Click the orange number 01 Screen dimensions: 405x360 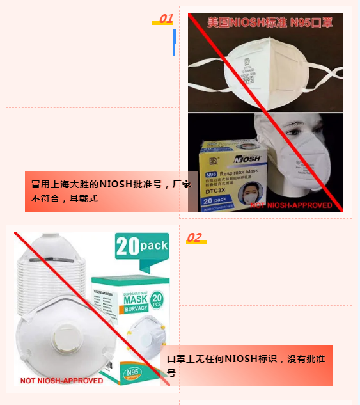click(x=166, y=19)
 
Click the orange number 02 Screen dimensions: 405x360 click(x=194, y=238)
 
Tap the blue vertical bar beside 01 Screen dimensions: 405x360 click(x=175, y=42)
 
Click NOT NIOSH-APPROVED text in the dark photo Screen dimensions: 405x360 click(x=292, y=205)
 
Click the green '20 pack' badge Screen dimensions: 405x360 click(x=142, y=246)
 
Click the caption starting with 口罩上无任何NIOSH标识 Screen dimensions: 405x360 click(x=246, y=365)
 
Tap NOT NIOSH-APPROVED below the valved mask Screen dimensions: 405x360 click(x=61, y=381)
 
